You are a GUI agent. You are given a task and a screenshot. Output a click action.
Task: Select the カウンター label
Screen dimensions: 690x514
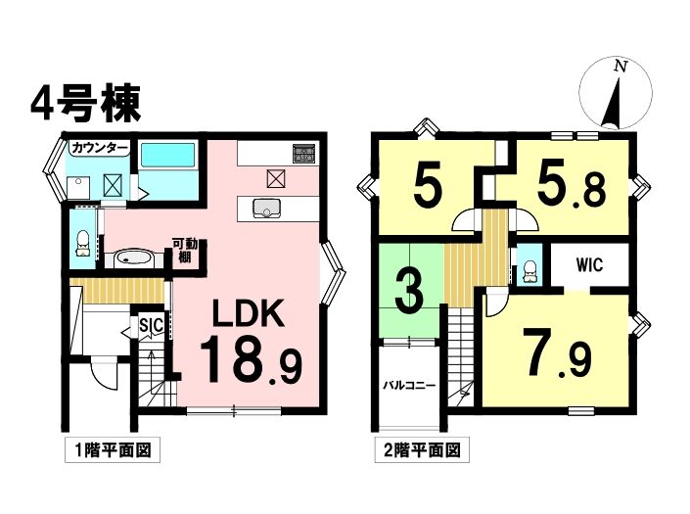(x=100, y=148)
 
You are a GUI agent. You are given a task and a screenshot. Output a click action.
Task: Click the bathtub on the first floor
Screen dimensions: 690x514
(x=167, y=156)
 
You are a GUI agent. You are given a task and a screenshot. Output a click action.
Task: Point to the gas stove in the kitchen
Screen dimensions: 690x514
(x=304, y=153)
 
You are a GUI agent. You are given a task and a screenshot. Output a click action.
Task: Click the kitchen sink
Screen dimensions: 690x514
(x=266, y=208)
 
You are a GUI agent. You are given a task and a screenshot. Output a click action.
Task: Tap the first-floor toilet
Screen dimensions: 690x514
(x=83, y=243)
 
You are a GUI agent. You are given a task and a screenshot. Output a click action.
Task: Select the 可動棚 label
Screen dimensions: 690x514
(x=185, y=250)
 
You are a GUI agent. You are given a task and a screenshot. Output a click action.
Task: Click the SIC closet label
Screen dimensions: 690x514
(x=152, y=325)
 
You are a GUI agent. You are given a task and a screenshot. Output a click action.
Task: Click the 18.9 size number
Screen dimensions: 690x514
(x=252, y=359)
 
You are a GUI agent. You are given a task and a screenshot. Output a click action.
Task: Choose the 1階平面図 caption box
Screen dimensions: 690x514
(x=113, y=449)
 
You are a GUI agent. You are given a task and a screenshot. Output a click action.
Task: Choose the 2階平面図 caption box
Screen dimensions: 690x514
(x=422, y=449)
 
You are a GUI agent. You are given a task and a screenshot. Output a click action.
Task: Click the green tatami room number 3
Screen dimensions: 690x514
(x=409, y=291)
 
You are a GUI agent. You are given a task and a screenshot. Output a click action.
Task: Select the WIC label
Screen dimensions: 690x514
(x=589, y=265)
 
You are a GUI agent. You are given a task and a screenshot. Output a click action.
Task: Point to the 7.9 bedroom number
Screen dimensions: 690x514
(x=557, y=357)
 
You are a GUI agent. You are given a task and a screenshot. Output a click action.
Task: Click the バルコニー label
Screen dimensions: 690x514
(x=409, y=386)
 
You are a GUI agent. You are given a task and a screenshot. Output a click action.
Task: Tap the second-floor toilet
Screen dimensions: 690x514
(x=530, y=271)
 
